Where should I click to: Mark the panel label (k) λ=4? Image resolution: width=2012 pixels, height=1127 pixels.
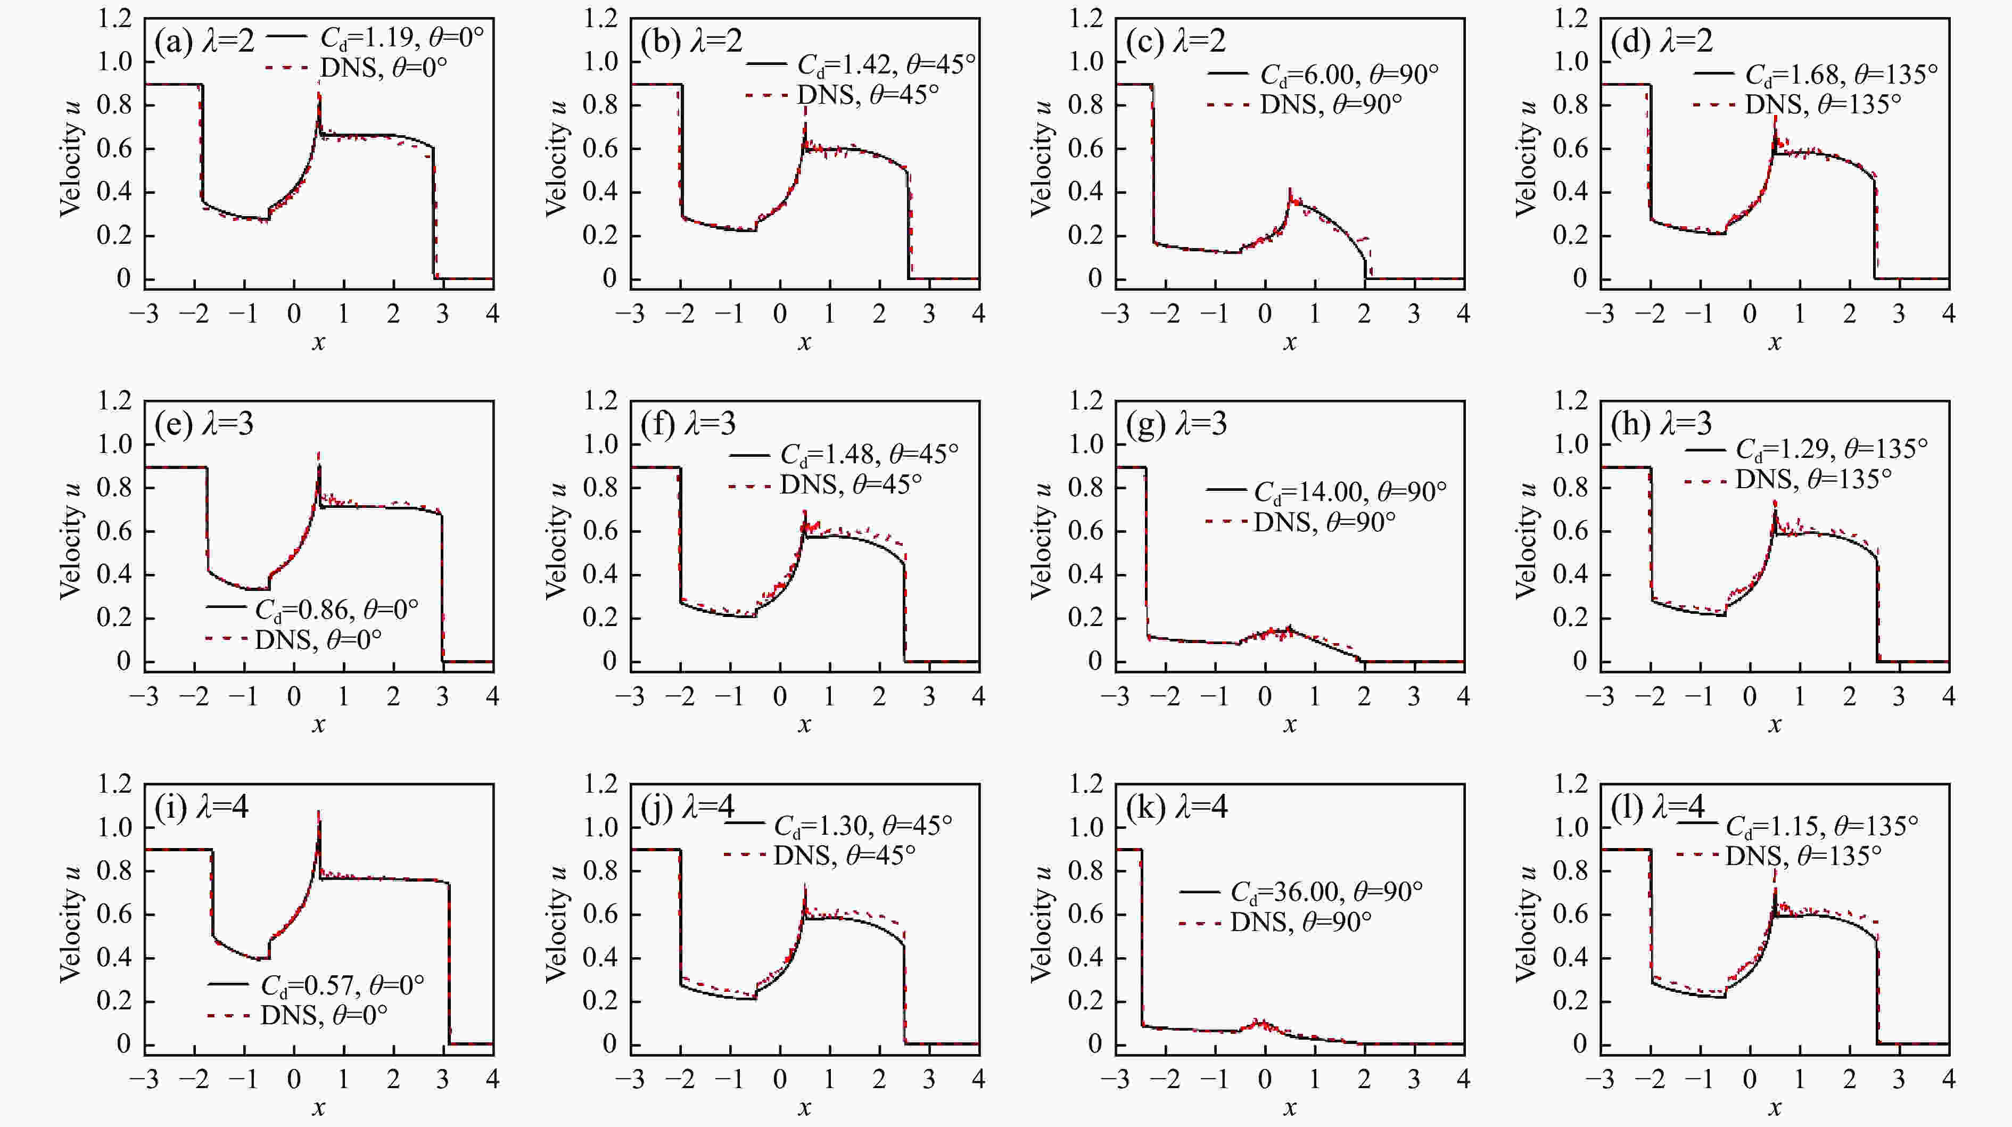click(1176, 806)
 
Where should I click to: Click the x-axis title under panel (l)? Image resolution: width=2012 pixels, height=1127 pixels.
click(1775, 1107)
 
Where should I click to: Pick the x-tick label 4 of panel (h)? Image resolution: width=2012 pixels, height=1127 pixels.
click(1948, 697)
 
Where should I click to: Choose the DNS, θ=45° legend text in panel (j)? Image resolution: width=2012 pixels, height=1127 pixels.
click(844, 855)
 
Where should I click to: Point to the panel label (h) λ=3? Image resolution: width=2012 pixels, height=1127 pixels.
click(1661, 423)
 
